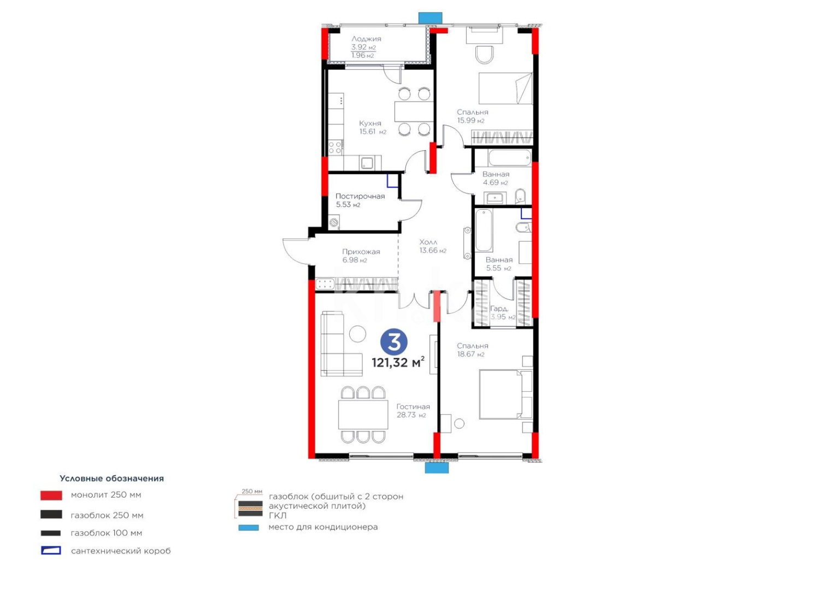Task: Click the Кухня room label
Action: pos(370,123)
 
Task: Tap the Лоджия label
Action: pos(366,39)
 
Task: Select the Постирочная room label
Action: pos(360,196)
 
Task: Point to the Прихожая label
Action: pos(361,252)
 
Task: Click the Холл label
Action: pos(428,242)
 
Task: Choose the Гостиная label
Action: pos(413,406)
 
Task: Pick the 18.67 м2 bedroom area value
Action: pos(471,355)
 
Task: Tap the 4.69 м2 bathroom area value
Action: pos(495,182)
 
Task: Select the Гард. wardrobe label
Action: pos(499,309)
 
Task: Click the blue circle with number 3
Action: pos(393,343)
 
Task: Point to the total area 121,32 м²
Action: pos(398,363)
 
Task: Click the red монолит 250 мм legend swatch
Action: pos(51,495)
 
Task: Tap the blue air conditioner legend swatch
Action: pos(249,528)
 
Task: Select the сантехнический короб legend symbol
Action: pos(51,551)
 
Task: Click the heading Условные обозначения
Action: pos(111,479)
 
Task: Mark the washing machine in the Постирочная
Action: pos(333,222)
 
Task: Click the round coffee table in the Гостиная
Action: pos(357,333)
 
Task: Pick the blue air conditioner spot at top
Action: pos(430,18)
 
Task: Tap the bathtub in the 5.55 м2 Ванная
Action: pos(484,231)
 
